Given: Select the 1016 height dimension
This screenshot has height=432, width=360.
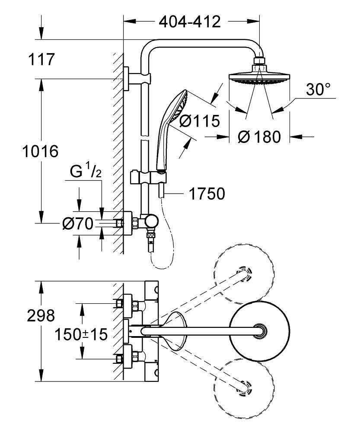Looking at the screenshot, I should point(40,151).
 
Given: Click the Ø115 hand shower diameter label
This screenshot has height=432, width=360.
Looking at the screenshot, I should point(199,121).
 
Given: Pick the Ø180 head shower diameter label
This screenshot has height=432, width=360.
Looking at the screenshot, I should point(259,137).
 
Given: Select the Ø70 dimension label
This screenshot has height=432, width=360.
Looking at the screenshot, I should point(78,223).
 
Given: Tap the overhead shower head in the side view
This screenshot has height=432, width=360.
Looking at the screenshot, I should point(259,78).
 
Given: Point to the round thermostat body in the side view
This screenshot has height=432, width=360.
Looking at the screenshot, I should point(152,222).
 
